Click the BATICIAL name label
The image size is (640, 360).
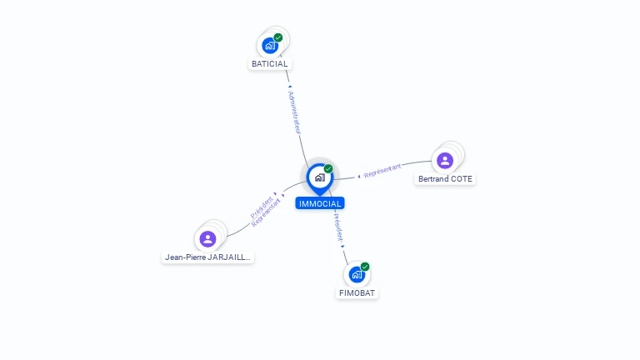(269, 64)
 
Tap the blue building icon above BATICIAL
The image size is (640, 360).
(269, 46)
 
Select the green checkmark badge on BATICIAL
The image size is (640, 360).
(278, 37)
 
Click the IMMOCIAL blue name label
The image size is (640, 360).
(319, 203)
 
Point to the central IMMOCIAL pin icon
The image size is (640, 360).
(319, 177)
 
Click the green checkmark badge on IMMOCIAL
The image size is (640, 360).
(328, 168)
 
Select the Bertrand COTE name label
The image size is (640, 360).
(446, 179)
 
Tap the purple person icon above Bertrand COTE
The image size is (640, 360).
(445, 160)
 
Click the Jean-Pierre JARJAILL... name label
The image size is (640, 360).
(207, 257)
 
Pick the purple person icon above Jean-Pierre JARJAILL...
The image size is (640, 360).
(207, 239)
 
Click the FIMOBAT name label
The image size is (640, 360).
(358, 293)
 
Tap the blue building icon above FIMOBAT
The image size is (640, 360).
(357, 274)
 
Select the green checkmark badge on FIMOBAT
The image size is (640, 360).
(365, 267)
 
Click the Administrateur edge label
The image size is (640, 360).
(294, 112)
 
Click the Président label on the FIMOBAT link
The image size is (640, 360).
(339, 227)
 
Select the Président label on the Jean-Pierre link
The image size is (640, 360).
(262, 207)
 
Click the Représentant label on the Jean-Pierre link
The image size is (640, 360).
(267, 213)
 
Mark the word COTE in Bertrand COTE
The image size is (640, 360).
(461, 179)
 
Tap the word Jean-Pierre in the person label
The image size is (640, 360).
(184, 257)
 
